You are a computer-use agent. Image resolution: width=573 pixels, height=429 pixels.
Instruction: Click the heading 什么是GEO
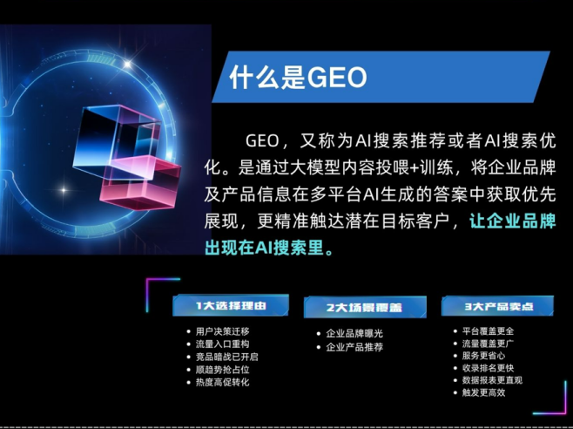(297, 77)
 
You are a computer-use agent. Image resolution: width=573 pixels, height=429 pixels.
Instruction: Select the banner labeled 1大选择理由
(230, 305)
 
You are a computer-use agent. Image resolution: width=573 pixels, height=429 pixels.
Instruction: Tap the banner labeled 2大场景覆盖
(364, 307)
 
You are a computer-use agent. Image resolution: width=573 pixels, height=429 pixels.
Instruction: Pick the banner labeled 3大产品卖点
(496, 306)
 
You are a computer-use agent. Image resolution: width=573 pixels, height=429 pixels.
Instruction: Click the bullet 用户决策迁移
(222, 331)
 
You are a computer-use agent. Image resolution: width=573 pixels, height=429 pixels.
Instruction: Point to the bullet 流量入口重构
(222, 344)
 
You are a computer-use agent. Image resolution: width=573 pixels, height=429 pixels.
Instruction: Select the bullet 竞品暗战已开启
(226, 357)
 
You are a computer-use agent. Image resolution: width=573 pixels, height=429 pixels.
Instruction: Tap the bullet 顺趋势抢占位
(222, 370)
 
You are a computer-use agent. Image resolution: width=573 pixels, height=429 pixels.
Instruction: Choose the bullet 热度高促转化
(222, 382)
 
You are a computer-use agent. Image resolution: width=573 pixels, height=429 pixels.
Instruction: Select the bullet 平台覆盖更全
(488, 331)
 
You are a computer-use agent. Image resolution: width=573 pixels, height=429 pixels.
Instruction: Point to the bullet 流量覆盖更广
(488, 344)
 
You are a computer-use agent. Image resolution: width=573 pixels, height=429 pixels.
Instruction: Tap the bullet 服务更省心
(483, 356)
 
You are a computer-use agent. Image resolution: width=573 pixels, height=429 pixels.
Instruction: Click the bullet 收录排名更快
(488, 368)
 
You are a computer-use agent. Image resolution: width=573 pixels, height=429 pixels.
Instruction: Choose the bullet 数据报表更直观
(492, 380)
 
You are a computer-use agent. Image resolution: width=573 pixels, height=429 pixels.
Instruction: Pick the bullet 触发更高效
(483, 392)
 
